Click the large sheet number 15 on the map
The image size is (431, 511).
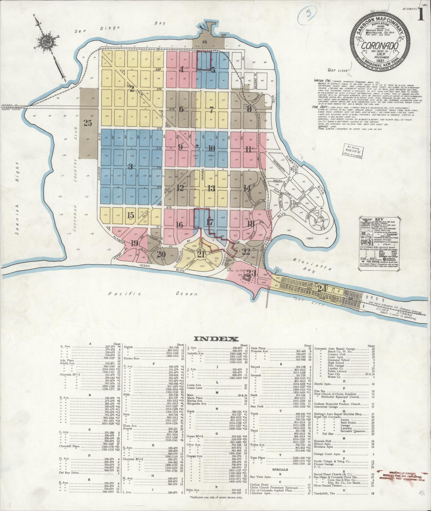click(131, 215)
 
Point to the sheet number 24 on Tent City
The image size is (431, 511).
click(321, 288)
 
